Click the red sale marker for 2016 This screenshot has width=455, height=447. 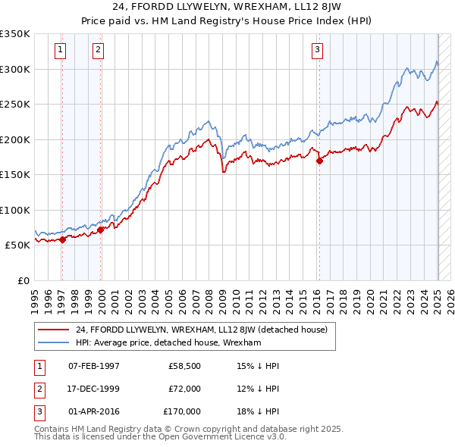pyautogui.click(x=319, y=161)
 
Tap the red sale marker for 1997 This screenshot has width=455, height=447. pyautogui.click(x=62, y=239)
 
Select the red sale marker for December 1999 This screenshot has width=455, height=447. pyautogui.click(x=101, y=230)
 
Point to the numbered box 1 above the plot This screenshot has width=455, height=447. pyautogui.click(x=59, y=51)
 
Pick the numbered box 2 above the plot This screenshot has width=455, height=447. pyautogui.click(x=98, y=51)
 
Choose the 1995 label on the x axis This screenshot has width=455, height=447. pyautogui.click(x=35, y=299)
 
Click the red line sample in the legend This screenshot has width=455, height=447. pyautogui.click(x=53, y=330)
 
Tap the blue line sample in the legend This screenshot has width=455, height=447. pyautogui.click(x=53, y=342)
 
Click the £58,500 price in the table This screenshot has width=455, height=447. pyautogui.click(x=184, y=366)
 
